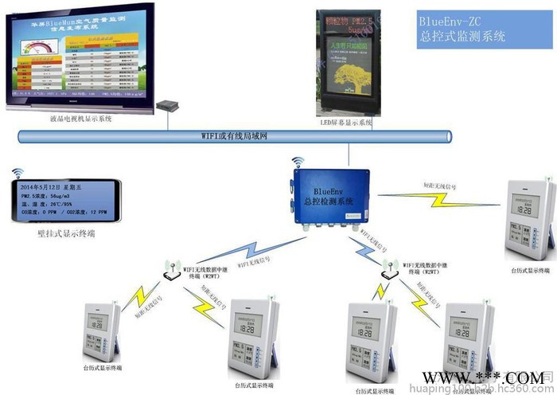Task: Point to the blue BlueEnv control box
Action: click(333, 197)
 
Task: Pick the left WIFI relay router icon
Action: click(170, 273)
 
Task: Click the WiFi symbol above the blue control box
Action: click(299, 162)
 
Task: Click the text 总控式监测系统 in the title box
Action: click(462, 37)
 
